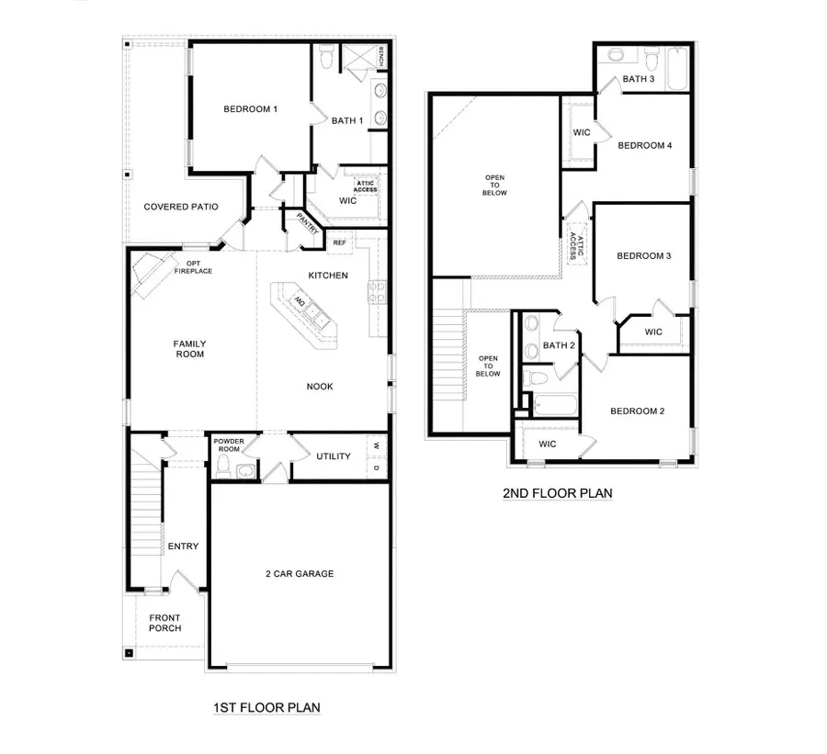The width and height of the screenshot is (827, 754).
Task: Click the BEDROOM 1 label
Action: pyautogui.click(x=250, y=109)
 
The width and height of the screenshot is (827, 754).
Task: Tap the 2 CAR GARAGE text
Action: pyautogui.click(x=300, y=574)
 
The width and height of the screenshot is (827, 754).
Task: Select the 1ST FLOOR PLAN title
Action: pyautogui.click(x=266, y=708)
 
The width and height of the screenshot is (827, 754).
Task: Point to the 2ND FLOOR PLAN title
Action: pyautogui.click(x=557, y=493)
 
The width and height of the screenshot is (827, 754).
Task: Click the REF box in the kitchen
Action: pyautogui.click(x=339, y=242)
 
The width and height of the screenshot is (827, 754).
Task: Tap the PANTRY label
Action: pyautogui.click(x=307, y=225)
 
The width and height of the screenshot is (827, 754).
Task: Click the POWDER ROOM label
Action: pyautogui.click(x=229, y=445)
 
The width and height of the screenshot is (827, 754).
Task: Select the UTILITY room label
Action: pyautogui.click(x=333, y=456)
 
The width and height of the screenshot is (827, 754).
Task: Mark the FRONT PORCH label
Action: pyautogui.click(x=165, y=623)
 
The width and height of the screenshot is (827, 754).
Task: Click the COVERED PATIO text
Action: pyautogui.click(x=181, y=207)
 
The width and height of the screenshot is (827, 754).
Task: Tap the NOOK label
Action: pyautogui.click(x=320, y=387)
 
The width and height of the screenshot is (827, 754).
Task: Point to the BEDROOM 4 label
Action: pyautogui.click(x=644, y=145)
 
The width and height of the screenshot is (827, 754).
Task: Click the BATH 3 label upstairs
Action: pyautogui.click(x=638, y=79)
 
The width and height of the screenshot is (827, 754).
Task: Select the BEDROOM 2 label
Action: pyautogui.click(x=637, y=411)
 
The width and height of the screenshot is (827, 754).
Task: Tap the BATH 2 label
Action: pyautogui.click(x=558, y=345)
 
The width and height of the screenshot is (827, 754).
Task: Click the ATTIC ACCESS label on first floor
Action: pyautogui.click(x=365, y=186)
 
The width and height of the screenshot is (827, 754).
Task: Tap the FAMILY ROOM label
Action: pyautogui.click(x=189, y=349)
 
